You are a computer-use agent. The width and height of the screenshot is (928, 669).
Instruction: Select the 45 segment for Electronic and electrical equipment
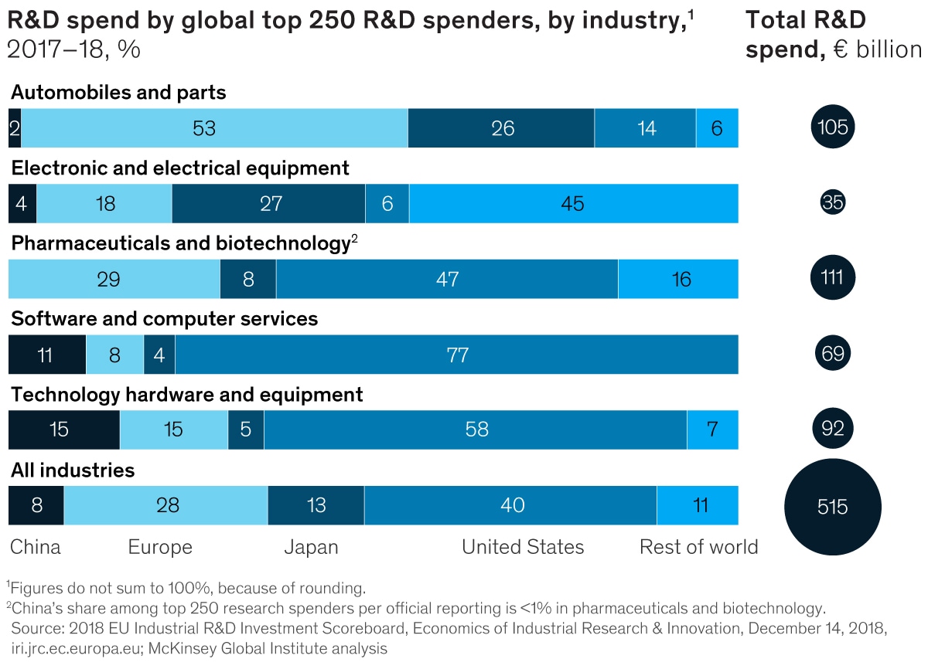tap(573, 204)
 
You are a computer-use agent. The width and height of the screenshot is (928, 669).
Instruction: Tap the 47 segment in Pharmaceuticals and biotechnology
tap(447, 279)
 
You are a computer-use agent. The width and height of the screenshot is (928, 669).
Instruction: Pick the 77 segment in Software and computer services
tap(456, 355)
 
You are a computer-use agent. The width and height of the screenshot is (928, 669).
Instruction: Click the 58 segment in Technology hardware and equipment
tap(476, 430)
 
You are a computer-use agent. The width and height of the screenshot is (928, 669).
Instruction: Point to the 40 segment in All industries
tap(510, 505)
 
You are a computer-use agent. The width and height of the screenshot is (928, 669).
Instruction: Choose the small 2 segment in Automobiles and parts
tap(15, 128)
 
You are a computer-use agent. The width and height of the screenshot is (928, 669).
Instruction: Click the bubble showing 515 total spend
tap(832, 507)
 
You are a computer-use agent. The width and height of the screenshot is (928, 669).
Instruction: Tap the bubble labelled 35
tap(832, 203)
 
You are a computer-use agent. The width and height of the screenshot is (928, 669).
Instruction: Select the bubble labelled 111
tap(832, 278)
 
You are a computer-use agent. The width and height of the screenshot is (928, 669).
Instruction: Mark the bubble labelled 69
tap(832, 354)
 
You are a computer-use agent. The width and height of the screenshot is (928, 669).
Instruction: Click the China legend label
tap(36, 548)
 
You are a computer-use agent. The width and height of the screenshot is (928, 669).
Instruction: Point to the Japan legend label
tap(311, 548)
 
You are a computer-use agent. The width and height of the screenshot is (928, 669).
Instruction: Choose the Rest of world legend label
tap(698, 548)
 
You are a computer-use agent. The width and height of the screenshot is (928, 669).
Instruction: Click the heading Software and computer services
tap(165, 319)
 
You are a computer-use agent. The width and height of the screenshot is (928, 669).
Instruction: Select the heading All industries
tap(73, 470)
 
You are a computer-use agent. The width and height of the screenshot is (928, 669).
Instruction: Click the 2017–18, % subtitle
tap(73, 50)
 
